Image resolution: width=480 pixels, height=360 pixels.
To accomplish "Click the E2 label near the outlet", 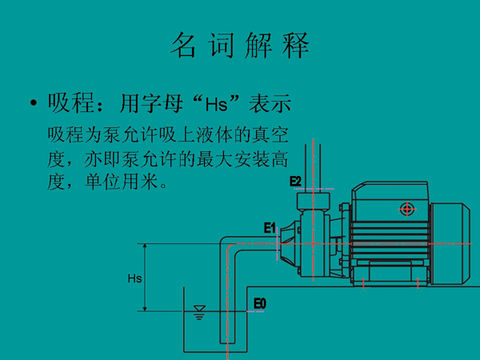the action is (x=295, y=182).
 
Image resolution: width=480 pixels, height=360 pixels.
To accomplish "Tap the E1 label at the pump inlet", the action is (x=270, y=228).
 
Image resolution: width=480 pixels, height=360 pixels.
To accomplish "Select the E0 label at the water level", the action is (x=260, y=304).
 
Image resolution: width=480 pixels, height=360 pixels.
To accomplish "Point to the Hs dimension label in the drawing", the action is (x=134, y=278).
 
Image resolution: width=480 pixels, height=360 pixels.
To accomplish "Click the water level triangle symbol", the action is (x=199, y=308).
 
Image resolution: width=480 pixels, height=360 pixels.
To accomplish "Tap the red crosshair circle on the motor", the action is (x=407, y=210).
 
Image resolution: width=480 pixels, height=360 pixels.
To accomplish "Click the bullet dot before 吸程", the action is (x=34, y=103).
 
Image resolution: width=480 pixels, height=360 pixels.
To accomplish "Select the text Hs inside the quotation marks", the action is (x=217, y=104).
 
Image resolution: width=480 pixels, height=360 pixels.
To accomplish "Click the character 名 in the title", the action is (x=183, y=45).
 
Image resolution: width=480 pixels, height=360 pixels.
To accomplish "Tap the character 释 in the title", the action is (x=296, y=45).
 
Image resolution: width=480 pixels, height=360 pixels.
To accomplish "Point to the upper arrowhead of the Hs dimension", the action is (x=145, y=246).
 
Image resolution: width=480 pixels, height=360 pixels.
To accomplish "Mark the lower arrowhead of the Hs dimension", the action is (x=145, y=308).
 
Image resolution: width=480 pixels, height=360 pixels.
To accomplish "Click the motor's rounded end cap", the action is (x=450, y=244).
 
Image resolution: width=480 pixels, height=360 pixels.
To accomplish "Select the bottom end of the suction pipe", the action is (x=227, y=343).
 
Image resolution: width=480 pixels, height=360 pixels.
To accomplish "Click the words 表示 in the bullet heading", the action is (x=270, y=103).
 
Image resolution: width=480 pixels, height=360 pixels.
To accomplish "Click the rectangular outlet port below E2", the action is (x=313, y=199).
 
